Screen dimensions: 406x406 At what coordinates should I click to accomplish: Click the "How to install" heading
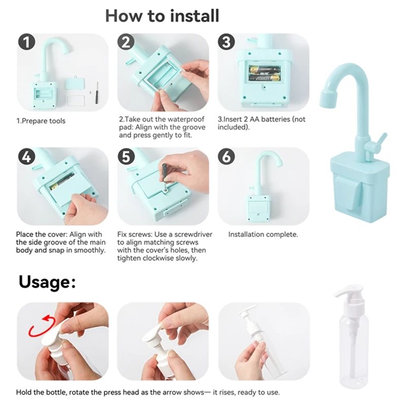click(x=162, y=16)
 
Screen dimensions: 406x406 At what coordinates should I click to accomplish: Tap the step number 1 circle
click(x=27, y=42)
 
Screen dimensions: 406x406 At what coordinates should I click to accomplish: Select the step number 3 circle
click(x=226, y=42)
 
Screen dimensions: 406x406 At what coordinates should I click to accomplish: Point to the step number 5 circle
click(x=126, y=157)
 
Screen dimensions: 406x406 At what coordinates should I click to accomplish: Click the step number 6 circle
click(x=226, y=157)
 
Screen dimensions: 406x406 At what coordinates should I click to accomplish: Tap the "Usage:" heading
click(x=47, y=282)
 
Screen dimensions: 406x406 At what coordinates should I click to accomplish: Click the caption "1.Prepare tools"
click(x=41, y=121)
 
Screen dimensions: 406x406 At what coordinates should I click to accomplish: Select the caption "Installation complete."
click(x=263, y=234)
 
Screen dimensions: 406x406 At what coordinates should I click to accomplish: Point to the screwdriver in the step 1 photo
click(x=97, y=93)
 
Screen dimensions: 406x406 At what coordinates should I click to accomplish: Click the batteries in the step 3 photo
click(x=264, y=74)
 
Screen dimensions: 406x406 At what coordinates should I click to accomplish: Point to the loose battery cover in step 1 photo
click(x=75, y=83)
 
